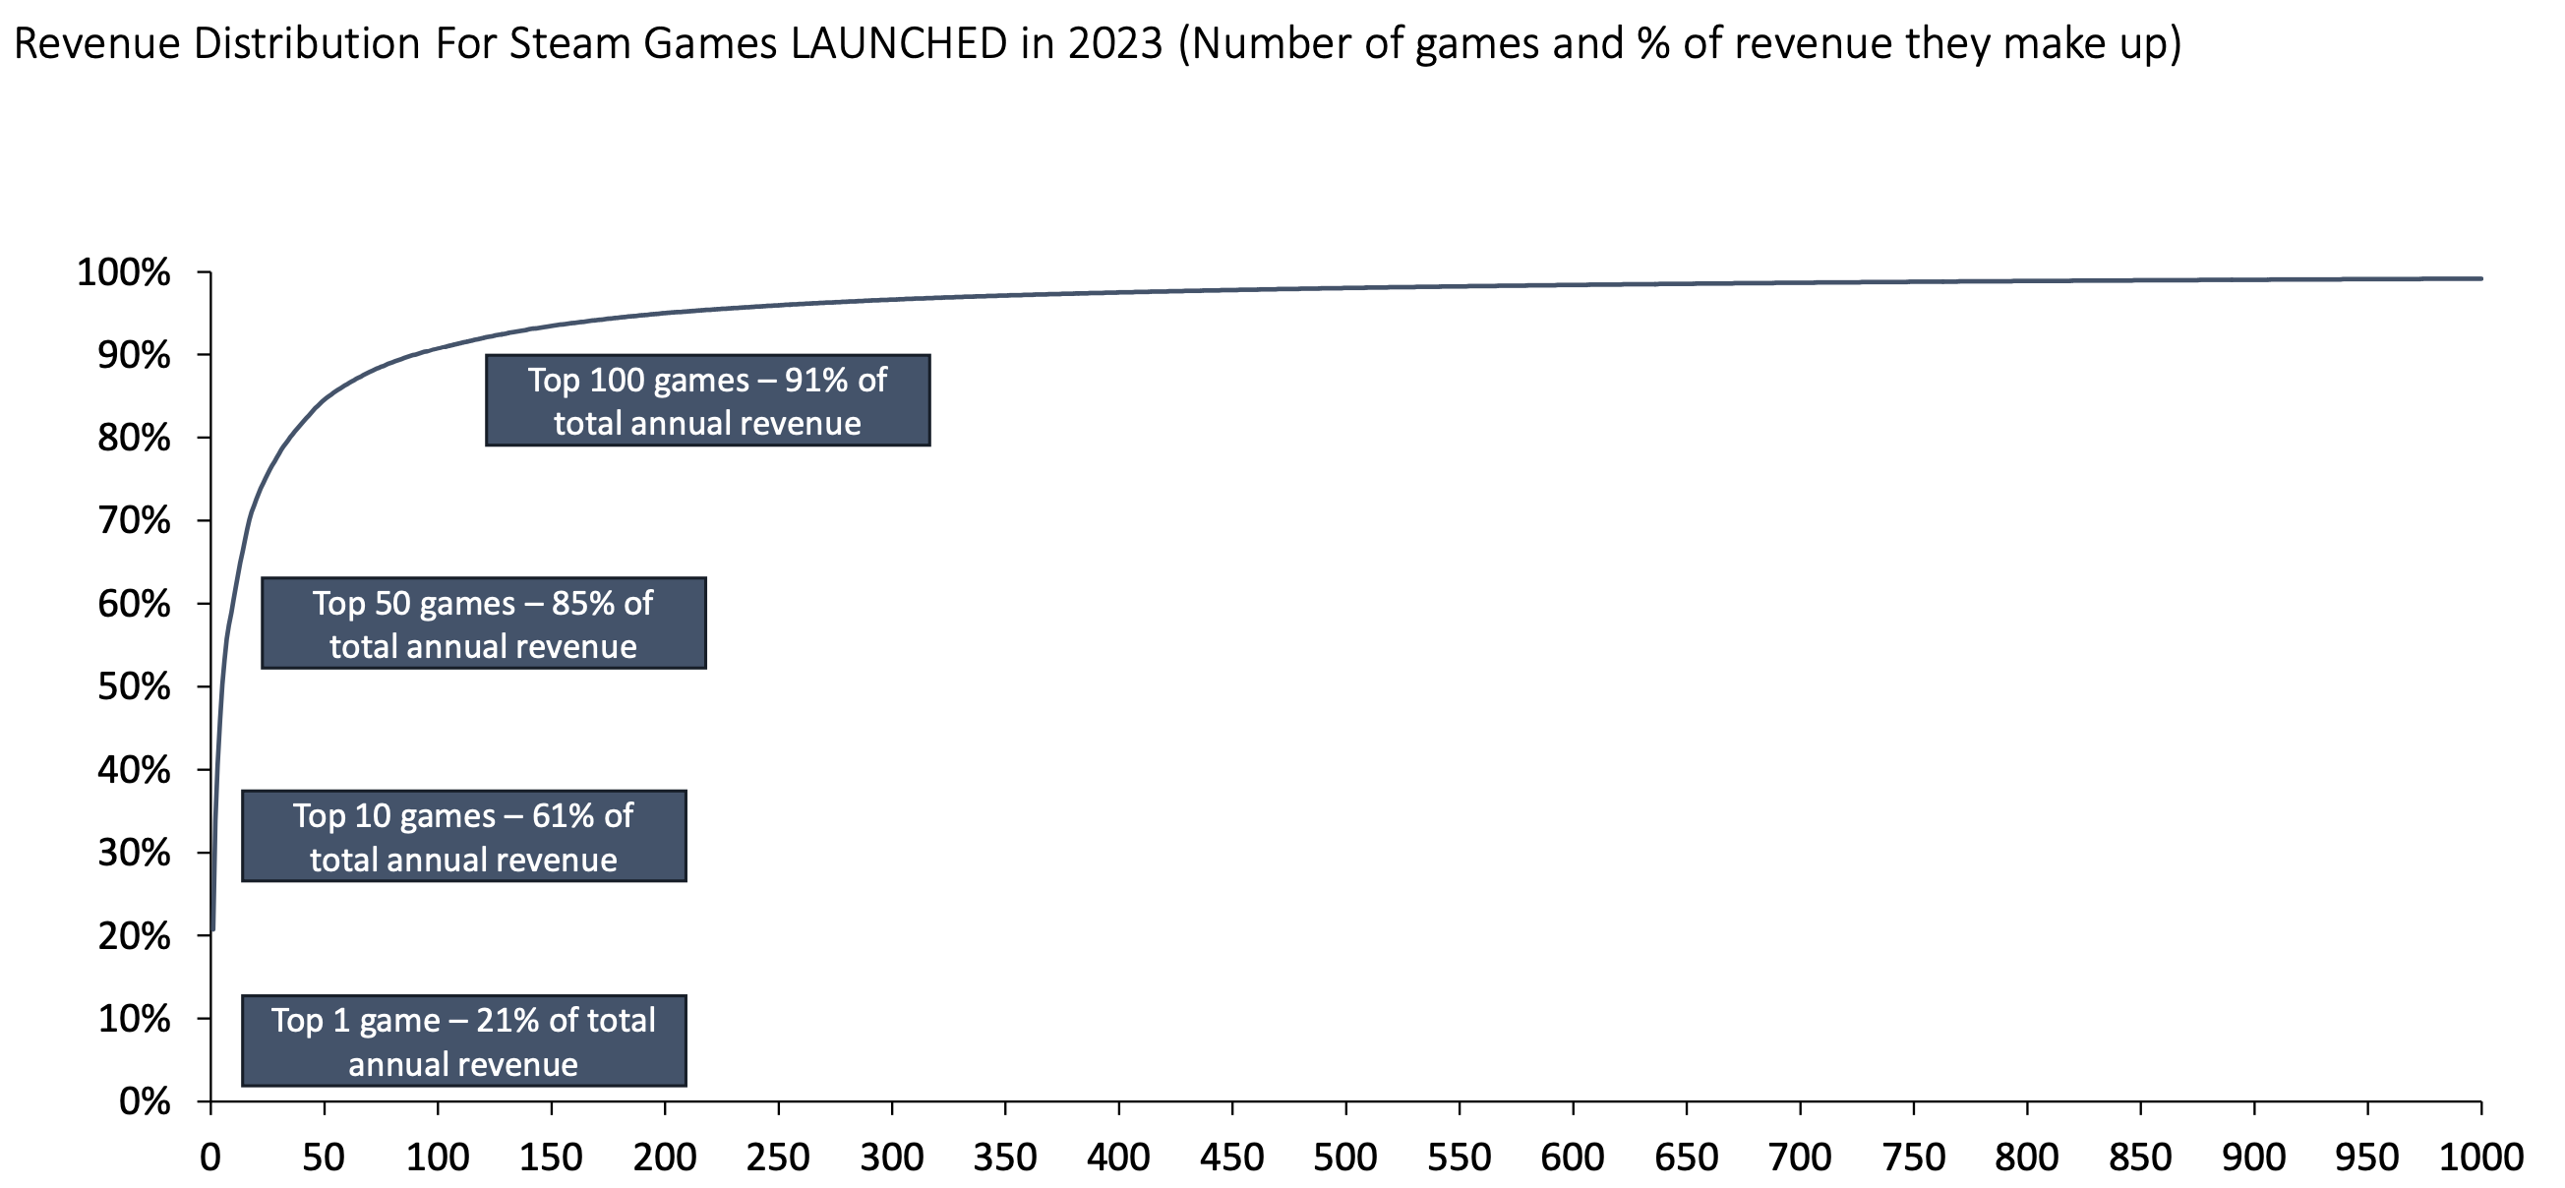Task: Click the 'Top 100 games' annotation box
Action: click(x=707, y=400)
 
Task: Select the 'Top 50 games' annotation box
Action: click(x=483, y=624)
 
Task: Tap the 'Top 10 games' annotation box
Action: click(x=463, y=837)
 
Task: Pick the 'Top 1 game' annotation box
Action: click(x=463, y=1040)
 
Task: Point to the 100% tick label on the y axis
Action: click(x=124, y=272)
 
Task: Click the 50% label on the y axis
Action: click(x=134, y=687)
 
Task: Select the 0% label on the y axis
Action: click(x=144, y=1102)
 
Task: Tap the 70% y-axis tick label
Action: click(x=134, y=521)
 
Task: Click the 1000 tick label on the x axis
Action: click(x=2480, y=1158)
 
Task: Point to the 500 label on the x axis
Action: click(x=1345, y=1158)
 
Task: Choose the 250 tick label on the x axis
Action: click(x=778, y=1158)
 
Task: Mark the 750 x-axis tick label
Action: click(x=1913, y=1158)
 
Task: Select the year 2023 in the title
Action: click(x=1114, y=45)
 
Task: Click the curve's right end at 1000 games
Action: click(x=2480, y=279)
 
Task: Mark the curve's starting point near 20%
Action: click(x=213, y=930)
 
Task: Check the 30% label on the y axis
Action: click(x=134, y=854)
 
